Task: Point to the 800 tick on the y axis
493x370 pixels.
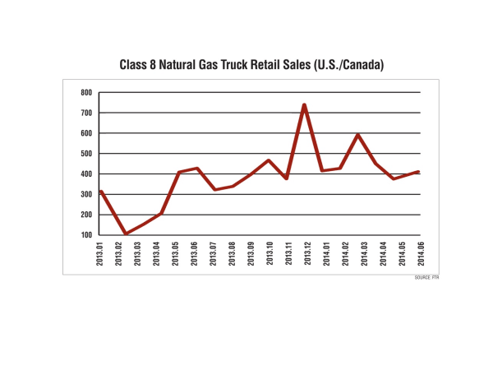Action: pyautogui.click(x=85, y=92)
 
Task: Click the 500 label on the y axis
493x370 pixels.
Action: pyautogui.click(x=85, y=153)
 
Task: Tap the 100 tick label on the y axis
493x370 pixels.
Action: pyautogui.click(x=85, y=234)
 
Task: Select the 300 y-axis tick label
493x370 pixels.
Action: pyautogui.click(x=85, y=194)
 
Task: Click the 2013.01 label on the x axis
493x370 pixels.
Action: pyautogui.click(x=100, y=256)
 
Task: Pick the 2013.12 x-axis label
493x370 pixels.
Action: pyautogui.click(x=304, y=256)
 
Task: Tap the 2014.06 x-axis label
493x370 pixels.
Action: pyautogui.click(x=419, y=256)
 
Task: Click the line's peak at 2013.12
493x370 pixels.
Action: pyautogui.click(x=304, y=104)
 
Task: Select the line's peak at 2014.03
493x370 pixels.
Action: pyautogui.click(x=357, y=134)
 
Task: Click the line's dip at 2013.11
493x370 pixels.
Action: pyautogui.click(x=286, y=178)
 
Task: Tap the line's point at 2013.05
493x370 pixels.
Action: pyautogui.click(x=177, y=173)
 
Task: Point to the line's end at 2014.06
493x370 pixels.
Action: pyautogui.click(x=419, y=172)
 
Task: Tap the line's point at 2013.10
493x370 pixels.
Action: pyautogui.click(x=268, y=160)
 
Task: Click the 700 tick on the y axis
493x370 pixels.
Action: pyautogui.click(x=85, y=113)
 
